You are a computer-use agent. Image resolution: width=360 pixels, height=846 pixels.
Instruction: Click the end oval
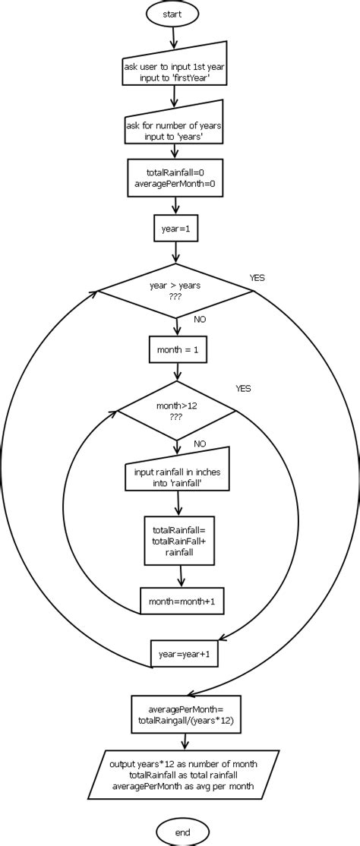tap(182, 832)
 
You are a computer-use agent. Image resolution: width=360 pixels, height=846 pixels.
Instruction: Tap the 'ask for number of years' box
tap(175, 130)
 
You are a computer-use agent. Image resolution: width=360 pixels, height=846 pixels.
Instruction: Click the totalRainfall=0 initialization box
tap(175, 178)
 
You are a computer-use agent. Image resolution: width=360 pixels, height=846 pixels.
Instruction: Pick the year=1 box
tap(175, 227)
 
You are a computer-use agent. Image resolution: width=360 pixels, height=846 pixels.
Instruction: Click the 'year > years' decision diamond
tap(176, 292)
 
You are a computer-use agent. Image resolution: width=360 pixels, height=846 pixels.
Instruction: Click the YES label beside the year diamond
tap(257, 278)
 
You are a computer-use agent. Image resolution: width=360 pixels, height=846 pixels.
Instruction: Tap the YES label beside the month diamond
tap(243, 388)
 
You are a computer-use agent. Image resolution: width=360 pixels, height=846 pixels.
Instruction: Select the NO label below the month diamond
tap(200, 444)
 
